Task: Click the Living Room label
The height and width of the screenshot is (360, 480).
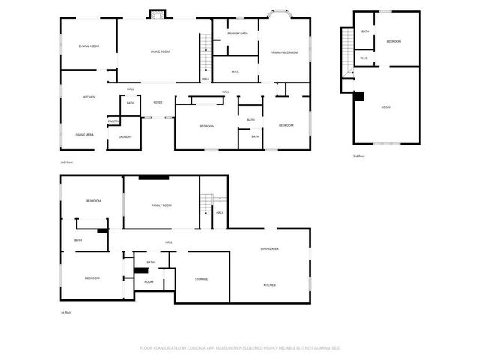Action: click(160, 52)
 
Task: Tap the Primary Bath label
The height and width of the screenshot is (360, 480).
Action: click(235, 32)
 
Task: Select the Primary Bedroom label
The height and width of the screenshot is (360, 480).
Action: click(284, 52)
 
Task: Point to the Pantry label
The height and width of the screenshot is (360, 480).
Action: click(113, 121)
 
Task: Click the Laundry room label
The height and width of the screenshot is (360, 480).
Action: click(124, 136)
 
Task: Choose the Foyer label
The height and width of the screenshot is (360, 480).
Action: click(157, 102)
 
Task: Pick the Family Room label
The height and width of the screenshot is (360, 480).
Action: click(162, 205)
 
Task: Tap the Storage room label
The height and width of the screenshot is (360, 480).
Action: click(202, 279)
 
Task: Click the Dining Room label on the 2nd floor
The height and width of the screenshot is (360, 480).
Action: click(89, 46)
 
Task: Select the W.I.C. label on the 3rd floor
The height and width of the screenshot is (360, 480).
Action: click(364, 58)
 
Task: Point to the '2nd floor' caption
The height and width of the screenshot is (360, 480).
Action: click(67, 162)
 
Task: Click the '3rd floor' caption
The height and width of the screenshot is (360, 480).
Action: click(358, 156)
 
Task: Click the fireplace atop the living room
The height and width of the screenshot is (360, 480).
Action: click(158, 13)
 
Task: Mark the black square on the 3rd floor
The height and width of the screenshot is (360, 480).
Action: click(358, 96)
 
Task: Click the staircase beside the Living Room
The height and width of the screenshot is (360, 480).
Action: click(205, 52)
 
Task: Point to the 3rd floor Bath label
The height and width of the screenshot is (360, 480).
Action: click(365, 31)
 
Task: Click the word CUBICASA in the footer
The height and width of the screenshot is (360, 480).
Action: click(193, 348)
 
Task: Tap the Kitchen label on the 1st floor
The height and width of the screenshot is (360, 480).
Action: click(270, 285)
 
